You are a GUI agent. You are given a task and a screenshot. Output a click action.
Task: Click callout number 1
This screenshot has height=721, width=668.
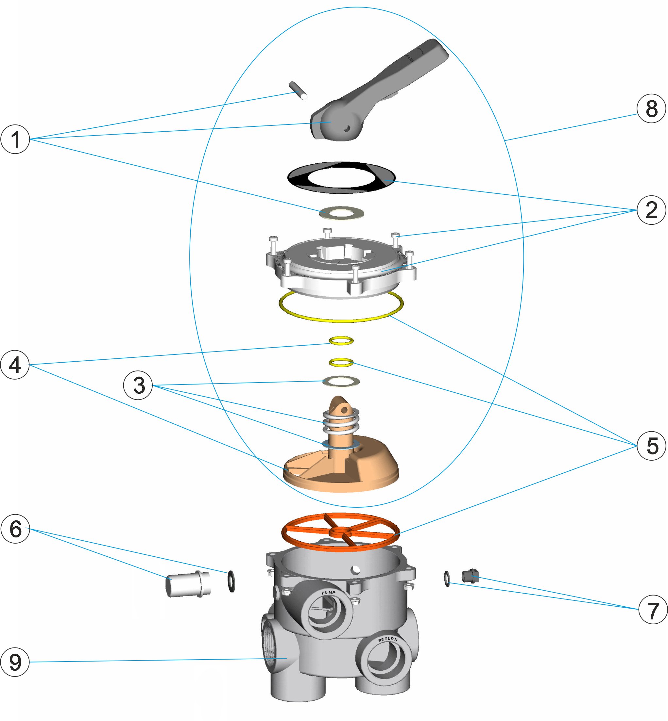pyautogui.click(x=15, y=139)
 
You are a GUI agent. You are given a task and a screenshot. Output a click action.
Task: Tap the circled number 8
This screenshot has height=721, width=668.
pyautogui.click(x=651, y=108)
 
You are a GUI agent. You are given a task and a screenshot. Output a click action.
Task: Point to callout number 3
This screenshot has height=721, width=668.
pyautogui.click(x=138, y=385)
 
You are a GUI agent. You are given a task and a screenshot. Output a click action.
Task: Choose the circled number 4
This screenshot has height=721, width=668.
pyautogui.click(x=15, y=365)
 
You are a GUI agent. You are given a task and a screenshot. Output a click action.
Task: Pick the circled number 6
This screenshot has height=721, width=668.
pyautogui.click(x=15, y=529)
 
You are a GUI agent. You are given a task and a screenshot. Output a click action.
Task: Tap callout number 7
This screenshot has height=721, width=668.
pyautogui.click(x=652, y=610)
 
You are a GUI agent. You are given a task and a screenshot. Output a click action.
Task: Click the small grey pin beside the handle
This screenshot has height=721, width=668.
pyautogui.click(x=298, y=90)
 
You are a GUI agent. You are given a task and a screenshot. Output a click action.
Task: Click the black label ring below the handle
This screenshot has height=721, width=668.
pyautogui.click(x=341, y=178)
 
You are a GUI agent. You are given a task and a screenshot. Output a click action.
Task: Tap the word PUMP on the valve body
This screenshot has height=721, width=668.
pyautogui.click(x=329, y=592)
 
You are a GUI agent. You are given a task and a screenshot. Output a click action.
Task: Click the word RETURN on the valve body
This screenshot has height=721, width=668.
pyautogui.click(x=388, y=639)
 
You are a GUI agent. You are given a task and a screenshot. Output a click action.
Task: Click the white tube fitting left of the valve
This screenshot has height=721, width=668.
pyautogui.click(x=188, y=584)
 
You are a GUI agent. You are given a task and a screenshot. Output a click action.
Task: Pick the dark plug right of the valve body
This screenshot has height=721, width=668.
pyautogui.click(x=470, y=576)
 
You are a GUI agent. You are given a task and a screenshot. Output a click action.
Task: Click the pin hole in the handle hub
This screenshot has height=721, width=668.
pyautogui.click(x=347, y=128)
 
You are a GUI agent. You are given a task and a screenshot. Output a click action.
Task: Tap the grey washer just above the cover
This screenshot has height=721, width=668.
pyautogui.click(x=342, y=213)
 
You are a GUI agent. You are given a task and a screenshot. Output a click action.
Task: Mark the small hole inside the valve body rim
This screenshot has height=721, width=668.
pyautogui.click(x=356, y=570)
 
